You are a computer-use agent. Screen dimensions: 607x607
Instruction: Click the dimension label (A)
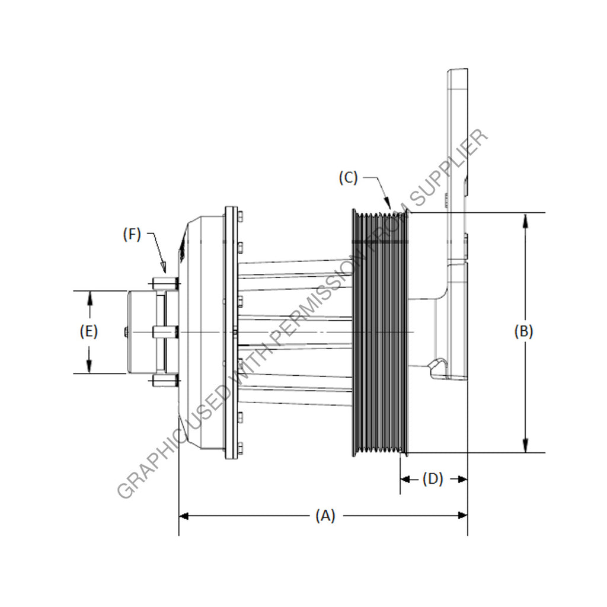325,516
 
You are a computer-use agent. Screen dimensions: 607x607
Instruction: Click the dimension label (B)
523,331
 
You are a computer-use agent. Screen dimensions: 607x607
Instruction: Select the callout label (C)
349,178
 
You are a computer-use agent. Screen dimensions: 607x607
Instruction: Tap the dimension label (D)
433,479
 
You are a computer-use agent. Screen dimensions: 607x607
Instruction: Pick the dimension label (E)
89,331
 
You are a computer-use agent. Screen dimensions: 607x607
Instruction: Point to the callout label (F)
132,234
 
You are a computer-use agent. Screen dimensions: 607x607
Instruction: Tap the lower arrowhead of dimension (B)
525,452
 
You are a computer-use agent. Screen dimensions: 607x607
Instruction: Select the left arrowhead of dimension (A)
180,516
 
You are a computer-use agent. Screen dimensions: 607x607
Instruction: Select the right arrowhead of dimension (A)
467,516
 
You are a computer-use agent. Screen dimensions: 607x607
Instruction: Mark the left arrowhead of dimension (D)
400,480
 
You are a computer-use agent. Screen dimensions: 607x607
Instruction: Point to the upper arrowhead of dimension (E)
90,292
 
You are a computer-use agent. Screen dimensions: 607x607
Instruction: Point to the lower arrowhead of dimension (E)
90,372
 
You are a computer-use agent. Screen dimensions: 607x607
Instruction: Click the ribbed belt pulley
380,332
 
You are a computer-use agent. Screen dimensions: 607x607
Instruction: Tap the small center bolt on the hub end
126,332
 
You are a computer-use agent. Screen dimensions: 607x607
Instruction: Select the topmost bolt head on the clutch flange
241,214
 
